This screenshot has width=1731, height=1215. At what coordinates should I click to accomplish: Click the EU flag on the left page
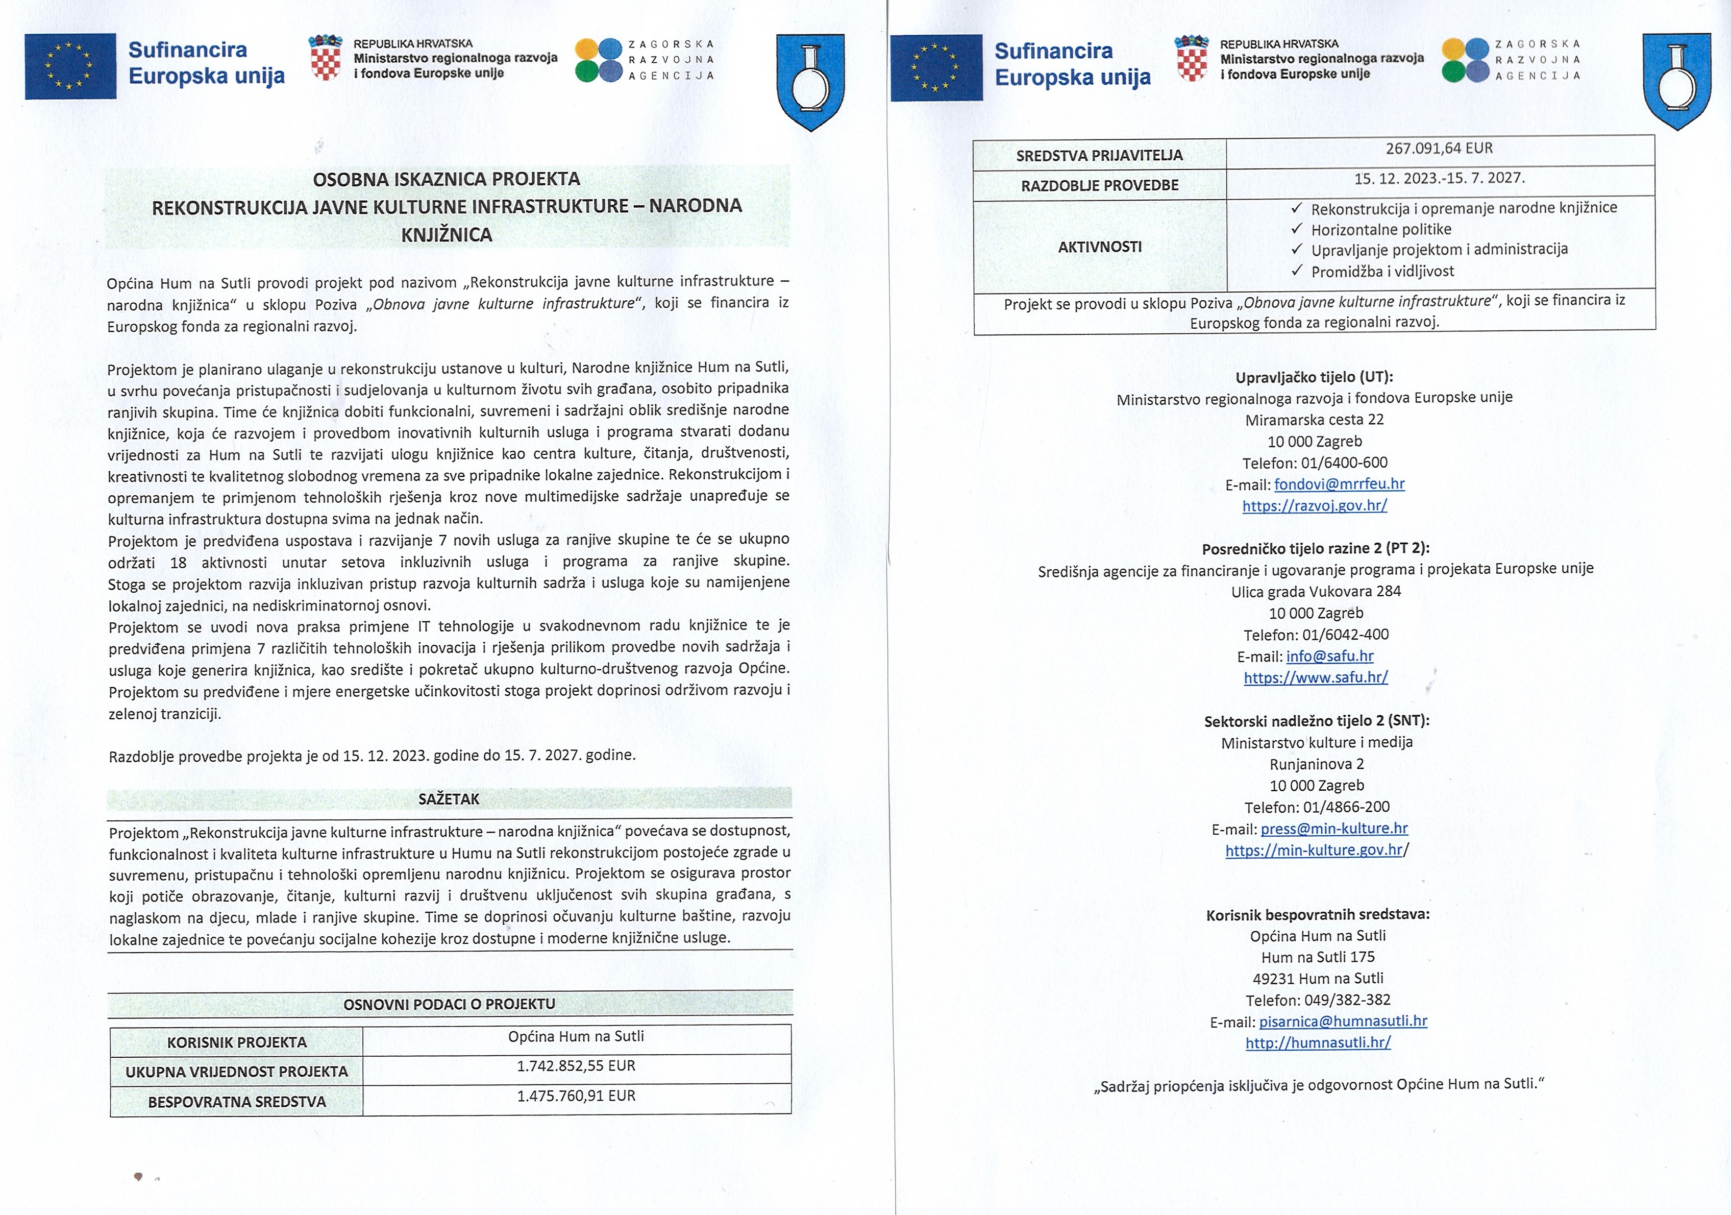coord(70,66)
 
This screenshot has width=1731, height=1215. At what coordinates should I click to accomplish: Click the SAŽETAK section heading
coord(449,799)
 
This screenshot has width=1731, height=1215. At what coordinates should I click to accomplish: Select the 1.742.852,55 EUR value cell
coord(576,1065)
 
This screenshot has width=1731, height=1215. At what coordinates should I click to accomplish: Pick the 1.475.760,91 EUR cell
coord(576,1096)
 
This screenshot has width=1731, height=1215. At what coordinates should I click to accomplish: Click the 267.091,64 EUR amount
coord(1439,149)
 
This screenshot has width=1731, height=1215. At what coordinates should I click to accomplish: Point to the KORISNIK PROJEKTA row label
coord(237,1042)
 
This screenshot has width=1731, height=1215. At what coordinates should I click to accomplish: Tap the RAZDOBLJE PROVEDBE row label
coord(1099,185)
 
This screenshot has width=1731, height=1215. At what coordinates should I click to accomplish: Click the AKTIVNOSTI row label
coord(1099,247)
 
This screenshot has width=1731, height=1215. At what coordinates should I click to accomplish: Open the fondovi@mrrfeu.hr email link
coord(1339,484)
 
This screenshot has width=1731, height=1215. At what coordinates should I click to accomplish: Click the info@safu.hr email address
coord(1330,656)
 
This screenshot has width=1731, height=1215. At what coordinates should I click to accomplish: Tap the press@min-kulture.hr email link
coord(1333,828)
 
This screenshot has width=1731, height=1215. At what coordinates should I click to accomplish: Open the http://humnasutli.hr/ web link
coord(1318,1042)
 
